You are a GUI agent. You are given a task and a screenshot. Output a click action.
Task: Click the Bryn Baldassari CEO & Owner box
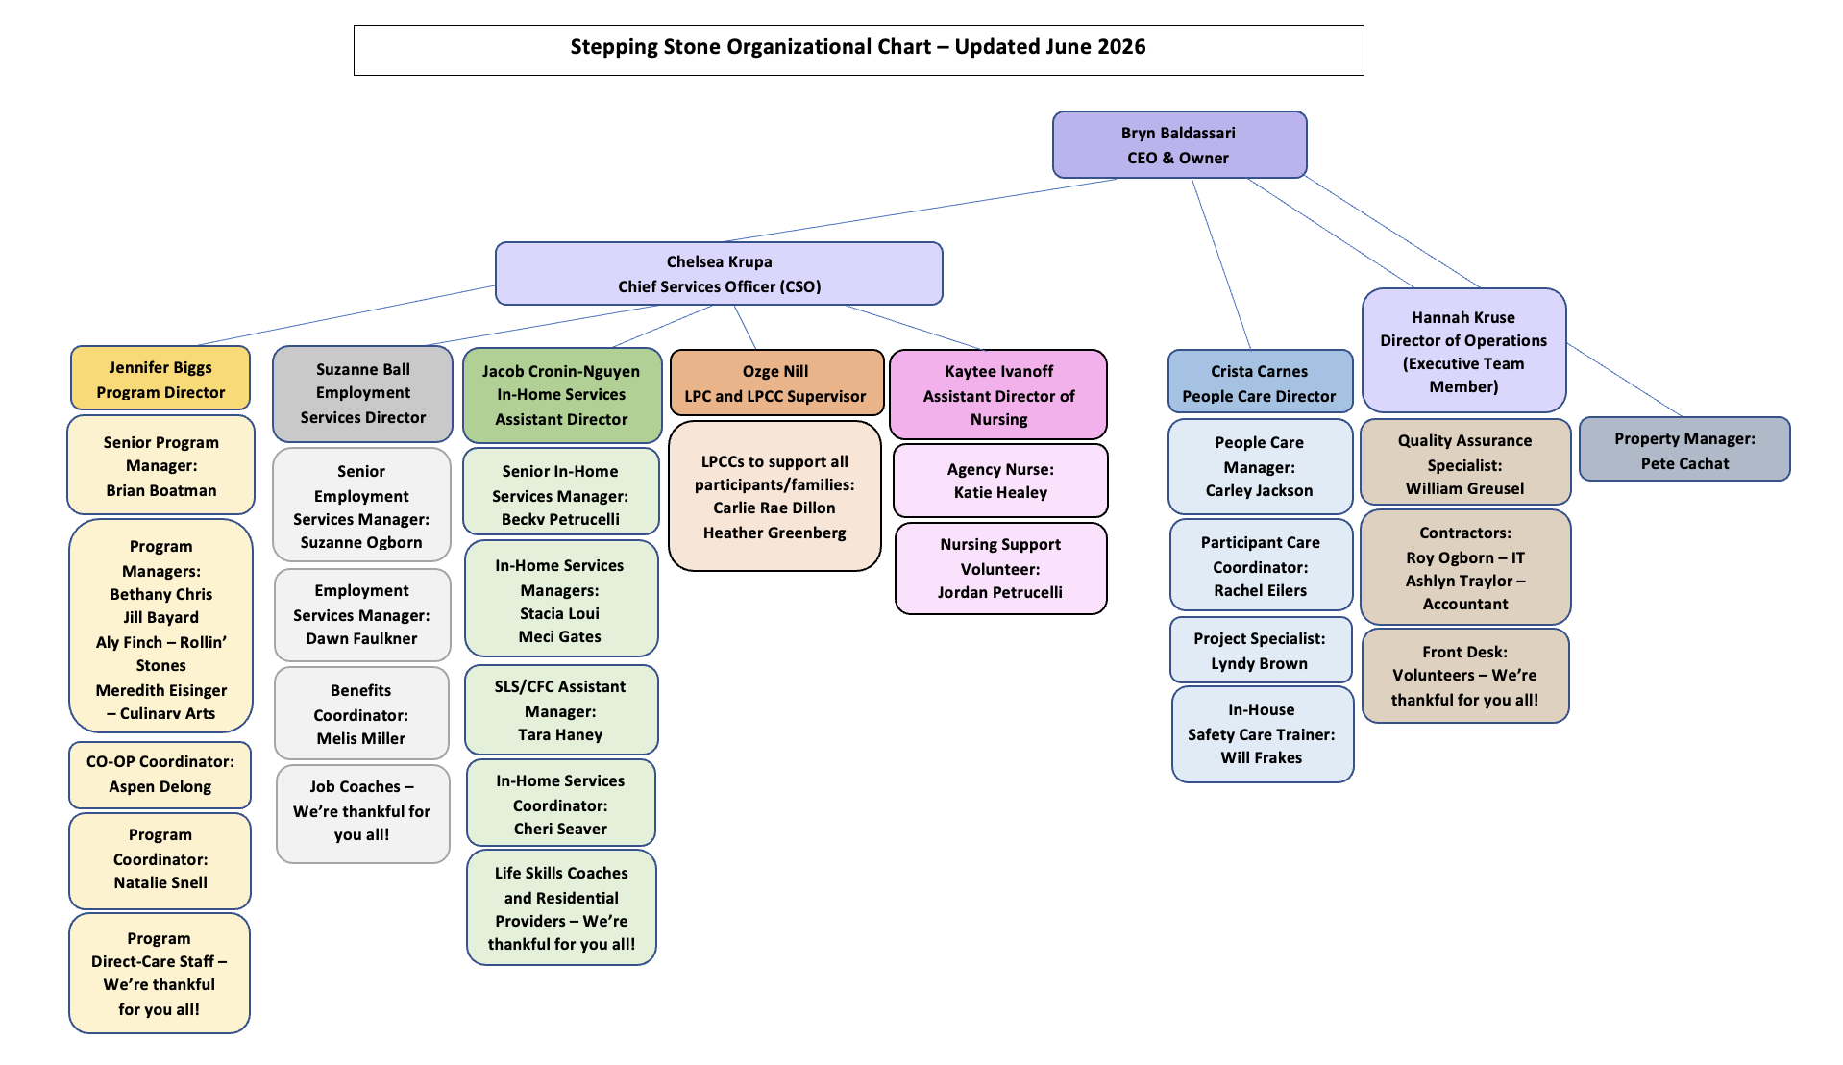click(x=1179, y=145)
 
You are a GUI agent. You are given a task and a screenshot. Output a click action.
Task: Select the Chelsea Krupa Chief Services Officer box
click(x=719, y=274)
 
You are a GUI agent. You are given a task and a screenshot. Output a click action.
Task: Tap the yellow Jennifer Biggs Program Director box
click(x=160, y=379)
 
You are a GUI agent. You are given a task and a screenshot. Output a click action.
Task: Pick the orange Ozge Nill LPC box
click(x=776, y=383)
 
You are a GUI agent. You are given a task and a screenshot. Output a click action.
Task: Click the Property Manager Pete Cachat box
click(x=1684, y=450)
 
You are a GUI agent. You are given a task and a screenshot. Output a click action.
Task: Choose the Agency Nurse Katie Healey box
click(x=1000, y=481)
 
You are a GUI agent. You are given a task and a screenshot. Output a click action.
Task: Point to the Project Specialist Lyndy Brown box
click(x=1260, y=651)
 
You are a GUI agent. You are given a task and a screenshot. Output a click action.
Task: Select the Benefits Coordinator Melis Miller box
click(x=361, y=714)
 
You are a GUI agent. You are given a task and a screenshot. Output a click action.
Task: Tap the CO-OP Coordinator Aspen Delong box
click(x=160, y=775)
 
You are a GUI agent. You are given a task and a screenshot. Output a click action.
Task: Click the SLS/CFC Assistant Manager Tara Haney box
click(x=561, y=710)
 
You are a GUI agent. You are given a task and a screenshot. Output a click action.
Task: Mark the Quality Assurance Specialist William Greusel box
click(x=1465, y=463)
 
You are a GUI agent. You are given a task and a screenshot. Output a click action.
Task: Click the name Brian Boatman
click(x=161, y=490)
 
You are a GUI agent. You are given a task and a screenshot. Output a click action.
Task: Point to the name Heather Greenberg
click(x=774, y=532)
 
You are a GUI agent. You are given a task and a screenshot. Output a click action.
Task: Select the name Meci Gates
click(x=560, y=636)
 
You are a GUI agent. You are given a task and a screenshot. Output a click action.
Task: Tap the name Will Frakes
click(x=1262, y=757)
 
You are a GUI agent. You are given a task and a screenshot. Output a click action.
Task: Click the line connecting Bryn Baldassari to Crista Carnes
click(x=1221, y=264)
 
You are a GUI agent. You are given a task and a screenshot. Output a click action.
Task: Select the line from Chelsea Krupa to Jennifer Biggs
click(x=346, y=315)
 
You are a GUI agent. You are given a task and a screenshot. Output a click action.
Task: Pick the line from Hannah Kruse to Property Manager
click(x=1624, y=381)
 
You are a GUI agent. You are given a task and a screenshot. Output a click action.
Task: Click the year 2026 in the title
click(x=1121, y=47)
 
